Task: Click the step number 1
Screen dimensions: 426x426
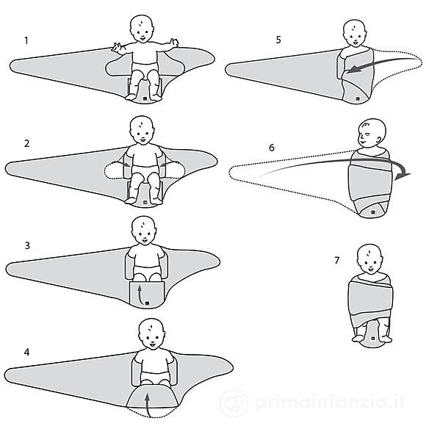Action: tap(26, 40)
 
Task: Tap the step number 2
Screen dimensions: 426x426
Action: tap(26, 143)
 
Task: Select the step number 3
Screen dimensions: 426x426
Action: tap(27, 245)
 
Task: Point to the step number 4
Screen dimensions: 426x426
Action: tap(26, 352)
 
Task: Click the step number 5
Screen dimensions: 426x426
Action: tap(278, 40)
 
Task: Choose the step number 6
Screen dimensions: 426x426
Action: tap(272, 148)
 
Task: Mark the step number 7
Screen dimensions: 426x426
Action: tap(337, 261)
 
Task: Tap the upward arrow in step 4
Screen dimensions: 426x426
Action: tap(147, 405)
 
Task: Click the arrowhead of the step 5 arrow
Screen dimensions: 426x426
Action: tap(353, 70)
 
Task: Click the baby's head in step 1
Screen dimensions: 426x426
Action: tap(142, 29)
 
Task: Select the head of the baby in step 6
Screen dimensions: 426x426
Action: tap(372, 133)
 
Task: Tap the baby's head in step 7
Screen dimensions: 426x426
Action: tap(369, 259)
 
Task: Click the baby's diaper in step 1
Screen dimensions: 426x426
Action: tap(145, 68)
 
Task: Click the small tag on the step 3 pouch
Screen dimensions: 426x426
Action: tap(147, 303)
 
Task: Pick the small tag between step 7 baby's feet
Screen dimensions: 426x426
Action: tap(373, 339)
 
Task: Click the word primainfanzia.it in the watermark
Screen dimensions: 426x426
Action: tap(330, 402)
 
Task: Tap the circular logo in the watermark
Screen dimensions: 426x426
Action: tap(234, 402)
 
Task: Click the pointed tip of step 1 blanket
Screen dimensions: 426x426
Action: tap(10, 66)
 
